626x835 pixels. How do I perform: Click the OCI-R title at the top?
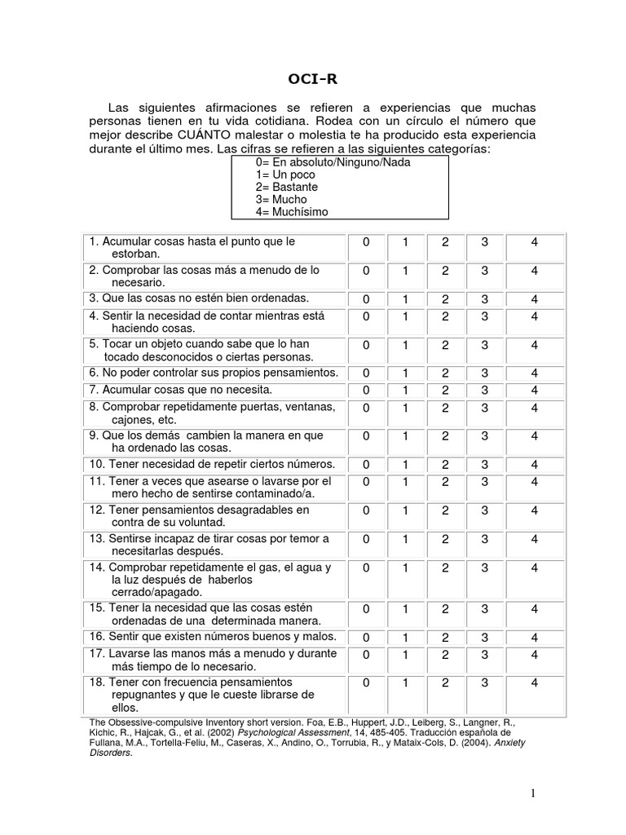(312, 79)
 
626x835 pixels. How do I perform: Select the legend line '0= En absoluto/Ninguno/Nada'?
(333, 162)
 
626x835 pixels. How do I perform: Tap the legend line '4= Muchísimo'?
(292, 212)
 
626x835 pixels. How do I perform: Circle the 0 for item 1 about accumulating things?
(367, 242)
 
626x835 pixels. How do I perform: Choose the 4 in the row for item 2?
(535, 271)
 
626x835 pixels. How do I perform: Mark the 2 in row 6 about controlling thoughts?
(445, 373)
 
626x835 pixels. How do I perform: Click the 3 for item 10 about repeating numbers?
(485, 465)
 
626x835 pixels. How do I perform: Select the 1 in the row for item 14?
(405, 568)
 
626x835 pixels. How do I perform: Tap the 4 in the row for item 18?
(535, 683)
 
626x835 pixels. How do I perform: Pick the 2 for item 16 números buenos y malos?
(445, 638)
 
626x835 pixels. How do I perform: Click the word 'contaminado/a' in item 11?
(262, 494)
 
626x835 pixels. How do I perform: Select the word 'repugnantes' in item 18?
(143, 695)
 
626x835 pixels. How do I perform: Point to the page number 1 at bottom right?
(531, 793)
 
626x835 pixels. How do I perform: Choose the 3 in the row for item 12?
(485, 510)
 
